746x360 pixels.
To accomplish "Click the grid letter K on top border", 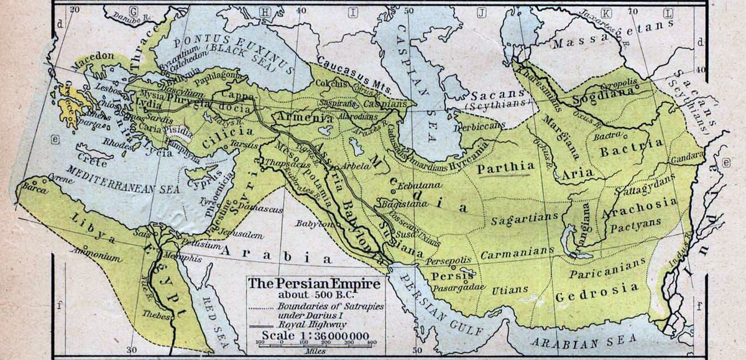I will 607,12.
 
